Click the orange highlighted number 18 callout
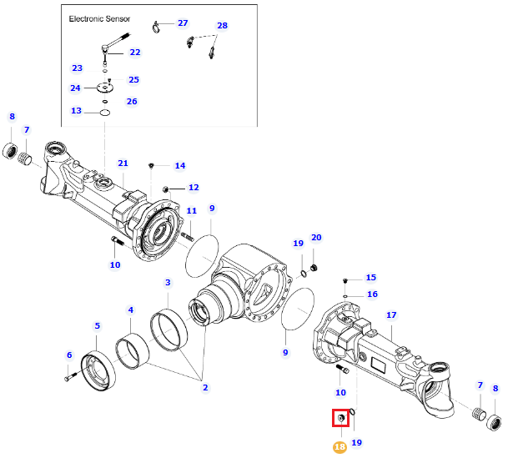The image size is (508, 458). pyautogui.click(x=340, y=447)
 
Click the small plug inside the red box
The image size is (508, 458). pyautogui.click(x=340, y=418)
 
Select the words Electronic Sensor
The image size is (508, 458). pyautogui.click(x=99, y=19)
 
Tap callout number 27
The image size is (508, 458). pyautogui.click(x=183, y=23)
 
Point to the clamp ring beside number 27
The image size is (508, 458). pyautogui.click(x=156, y=27)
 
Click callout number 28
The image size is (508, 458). pyautogui.click(x=222, y=25)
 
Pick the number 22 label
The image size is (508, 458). pyautogui.click(x=135, y=53)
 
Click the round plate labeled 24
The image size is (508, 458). pyautogui.click(x=104, y=88)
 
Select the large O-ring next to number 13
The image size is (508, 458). pyautogui.click(x=105, y=113)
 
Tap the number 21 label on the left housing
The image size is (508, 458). pyautogui.click(x=123, y=164)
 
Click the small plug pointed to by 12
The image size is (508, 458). pyautogui.click(x=165, y=189)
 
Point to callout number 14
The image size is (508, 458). pyautogui.click(x=180, y=165)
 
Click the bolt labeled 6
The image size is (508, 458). pyautogui.click(x=71, y=377)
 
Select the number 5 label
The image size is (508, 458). pyautogui.click(x=98, y=326)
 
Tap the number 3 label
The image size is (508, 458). pyautogui.click(x=168, y=283)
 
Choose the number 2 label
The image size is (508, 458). pyautogui.click(x=205, y=387)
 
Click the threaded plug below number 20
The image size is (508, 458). pyautogui.click(x=314, y=268)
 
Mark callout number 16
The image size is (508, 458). pyautogui.click(x=372, y=294)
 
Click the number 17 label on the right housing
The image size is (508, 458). pyautogui.click(x=391, y=315)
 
